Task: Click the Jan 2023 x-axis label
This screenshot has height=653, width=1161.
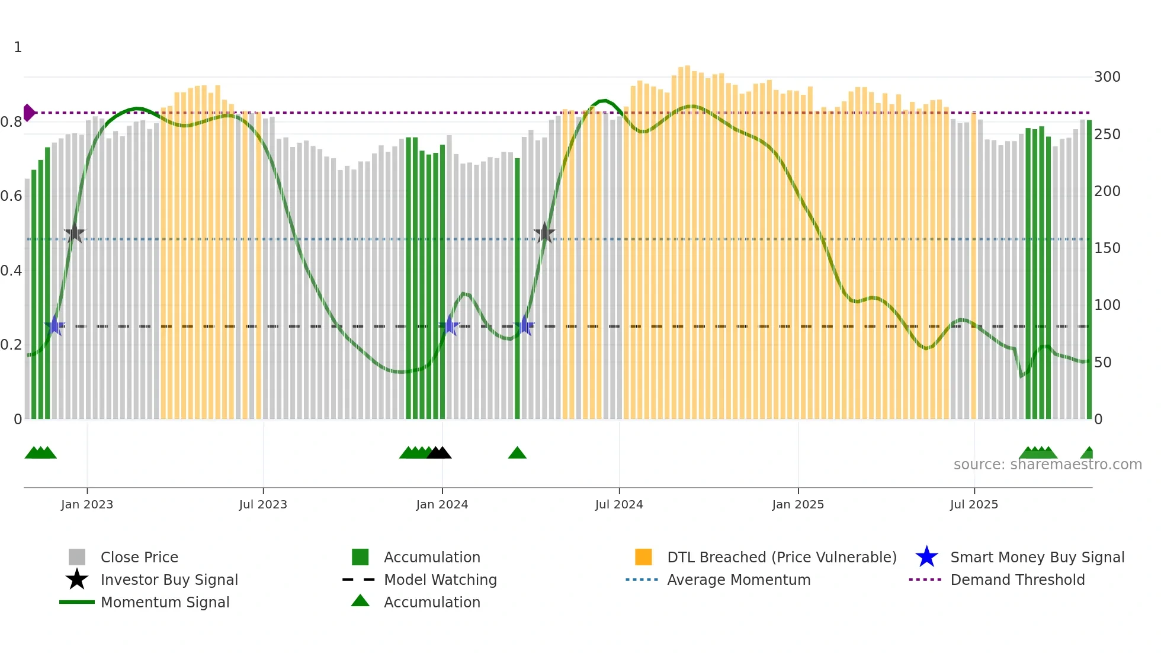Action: coord(86,504)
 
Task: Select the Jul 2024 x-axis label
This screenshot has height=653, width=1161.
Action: coord(619,504)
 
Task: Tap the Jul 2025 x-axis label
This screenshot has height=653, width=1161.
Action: coord(974,504)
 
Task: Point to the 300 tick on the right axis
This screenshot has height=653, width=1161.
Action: coord(1107,77)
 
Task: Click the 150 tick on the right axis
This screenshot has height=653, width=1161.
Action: coord(1107,248)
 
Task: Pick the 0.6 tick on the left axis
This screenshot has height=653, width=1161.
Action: coord(11,196)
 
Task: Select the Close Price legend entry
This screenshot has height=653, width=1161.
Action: coord(139,557)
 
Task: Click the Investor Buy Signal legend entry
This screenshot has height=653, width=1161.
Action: coord(169,580)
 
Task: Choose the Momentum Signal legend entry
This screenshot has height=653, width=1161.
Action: coord(165,602)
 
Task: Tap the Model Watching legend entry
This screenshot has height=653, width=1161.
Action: coord(440,580)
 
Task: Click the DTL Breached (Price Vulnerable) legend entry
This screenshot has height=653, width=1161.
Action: coord(781,557)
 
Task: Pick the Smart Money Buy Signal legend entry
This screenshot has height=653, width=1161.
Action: coord(1037,557)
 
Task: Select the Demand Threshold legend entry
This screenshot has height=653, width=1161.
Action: coord(1017,580)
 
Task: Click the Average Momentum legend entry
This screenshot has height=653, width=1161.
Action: coord(738,580)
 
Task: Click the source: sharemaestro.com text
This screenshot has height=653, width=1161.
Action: coord(1047,465)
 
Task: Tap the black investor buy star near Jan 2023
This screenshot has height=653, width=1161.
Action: coord(75,233)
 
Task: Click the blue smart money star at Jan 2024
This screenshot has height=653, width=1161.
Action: coord(450,326)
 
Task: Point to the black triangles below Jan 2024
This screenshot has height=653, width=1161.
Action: coord(439,453)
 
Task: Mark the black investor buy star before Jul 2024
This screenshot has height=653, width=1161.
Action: coord(544,233)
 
